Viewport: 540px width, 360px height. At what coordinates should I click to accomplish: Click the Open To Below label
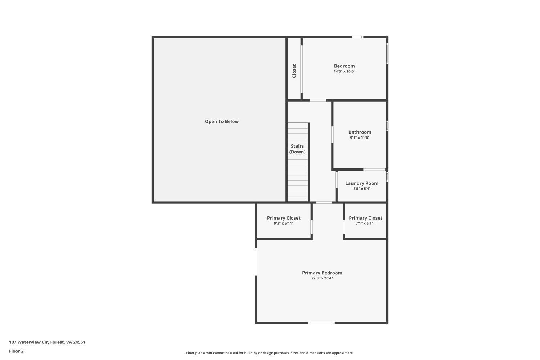point(222,122)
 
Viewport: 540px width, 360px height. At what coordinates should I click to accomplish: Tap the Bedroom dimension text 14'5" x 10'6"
point(344,71)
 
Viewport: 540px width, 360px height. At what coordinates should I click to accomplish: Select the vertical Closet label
point(294,71)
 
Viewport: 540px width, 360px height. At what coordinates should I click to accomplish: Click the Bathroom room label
point(360,132)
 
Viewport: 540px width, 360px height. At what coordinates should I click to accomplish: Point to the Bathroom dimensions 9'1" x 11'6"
point(360,138)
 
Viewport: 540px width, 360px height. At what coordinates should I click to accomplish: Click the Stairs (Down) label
point(297,149)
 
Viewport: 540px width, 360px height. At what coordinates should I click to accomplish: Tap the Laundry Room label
point(362,183)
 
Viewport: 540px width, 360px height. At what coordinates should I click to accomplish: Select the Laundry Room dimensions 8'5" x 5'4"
point(362,189)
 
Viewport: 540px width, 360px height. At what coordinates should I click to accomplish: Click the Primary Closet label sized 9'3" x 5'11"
point(284,218)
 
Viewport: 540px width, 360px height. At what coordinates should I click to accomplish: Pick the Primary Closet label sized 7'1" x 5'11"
point(365,218)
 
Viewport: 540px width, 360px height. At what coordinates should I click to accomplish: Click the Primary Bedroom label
point(322,273)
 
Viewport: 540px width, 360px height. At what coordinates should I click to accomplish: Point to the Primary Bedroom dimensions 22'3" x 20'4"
point(322,278)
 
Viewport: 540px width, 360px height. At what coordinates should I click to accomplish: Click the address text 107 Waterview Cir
point(47,342)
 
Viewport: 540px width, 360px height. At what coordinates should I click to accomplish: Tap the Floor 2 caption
point(16,351)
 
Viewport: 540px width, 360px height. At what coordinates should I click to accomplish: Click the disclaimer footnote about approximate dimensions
point(270,353)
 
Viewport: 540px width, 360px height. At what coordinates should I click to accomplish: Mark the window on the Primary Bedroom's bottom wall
point(321,323)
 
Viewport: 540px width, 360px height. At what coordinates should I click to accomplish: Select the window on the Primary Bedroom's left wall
point(256,262)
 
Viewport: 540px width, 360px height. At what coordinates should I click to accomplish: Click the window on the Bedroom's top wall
point(357,37)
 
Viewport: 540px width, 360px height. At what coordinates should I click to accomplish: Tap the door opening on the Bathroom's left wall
point(332,134)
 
